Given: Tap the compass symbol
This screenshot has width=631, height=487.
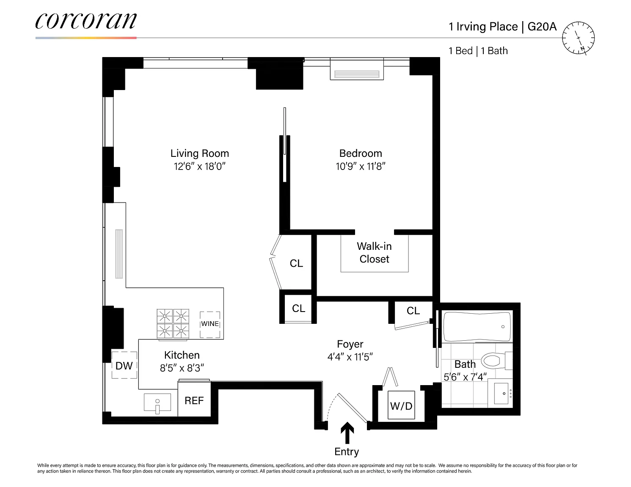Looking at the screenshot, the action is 578,38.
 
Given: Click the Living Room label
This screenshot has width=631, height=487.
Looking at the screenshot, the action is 199,153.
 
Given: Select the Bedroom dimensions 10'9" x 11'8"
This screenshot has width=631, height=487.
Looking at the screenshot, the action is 361,167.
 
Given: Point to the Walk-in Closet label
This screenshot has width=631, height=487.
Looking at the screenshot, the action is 374,252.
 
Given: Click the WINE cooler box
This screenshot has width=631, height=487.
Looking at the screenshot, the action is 210,325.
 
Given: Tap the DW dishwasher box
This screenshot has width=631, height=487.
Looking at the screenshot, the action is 124,365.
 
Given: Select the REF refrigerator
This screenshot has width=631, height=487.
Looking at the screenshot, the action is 194,399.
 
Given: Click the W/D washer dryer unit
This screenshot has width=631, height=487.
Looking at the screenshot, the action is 401,405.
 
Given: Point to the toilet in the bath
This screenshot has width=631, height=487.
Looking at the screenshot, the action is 496,361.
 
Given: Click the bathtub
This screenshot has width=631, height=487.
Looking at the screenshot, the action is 477,327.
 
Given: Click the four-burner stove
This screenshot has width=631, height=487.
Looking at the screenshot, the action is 173,324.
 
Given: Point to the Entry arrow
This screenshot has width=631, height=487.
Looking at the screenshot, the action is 347,432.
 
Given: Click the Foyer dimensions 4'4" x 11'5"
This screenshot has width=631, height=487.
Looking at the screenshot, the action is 350,357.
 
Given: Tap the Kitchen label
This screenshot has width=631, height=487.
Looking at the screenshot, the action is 182,355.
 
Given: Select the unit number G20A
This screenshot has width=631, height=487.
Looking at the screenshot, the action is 542,27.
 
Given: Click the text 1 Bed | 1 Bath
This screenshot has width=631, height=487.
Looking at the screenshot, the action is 478,51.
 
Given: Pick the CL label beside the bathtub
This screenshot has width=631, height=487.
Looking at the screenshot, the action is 413,311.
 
